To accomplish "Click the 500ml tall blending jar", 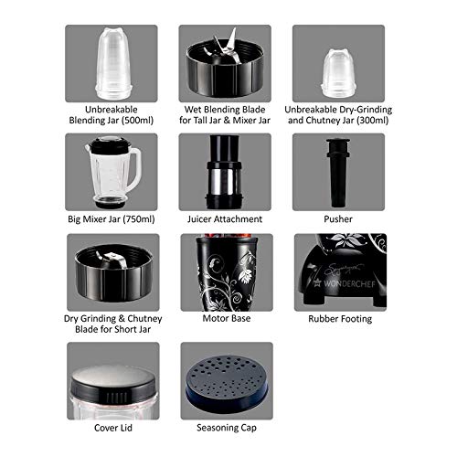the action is coord(113,63).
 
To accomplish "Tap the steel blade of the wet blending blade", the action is coord(226,48).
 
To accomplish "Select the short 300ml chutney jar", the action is coord(337,72).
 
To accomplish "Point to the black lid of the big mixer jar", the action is coord(109,145).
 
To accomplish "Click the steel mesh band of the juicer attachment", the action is coord(224,180).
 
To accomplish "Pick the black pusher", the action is coord(338,173).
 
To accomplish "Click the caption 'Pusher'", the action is coord(338,219).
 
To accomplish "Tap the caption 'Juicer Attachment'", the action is coord(225,219).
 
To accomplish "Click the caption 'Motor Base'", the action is coord(227,318).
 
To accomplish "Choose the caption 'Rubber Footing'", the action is coord(340,319).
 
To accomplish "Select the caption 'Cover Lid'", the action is coord(113,428).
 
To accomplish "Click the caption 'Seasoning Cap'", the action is coord(227,428).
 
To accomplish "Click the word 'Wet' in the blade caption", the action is coord(193,110).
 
